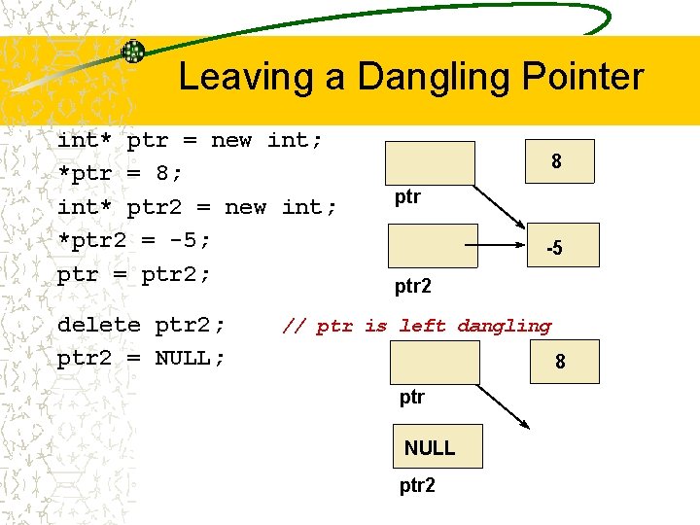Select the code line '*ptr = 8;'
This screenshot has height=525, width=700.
pos(121,173)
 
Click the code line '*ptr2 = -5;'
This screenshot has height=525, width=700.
pos(134,240)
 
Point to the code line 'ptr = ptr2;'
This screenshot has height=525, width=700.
pos(134,274)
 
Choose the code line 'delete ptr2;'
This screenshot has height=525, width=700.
pos(141,325)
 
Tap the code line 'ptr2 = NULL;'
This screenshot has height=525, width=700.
pos(141,358)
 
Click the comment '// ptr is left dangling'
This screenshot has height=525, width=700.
pos(416,327)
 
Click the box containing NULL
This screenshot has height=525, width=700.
pos(429,447)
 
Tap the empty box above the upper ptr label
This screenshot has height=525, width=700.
pos(430,162)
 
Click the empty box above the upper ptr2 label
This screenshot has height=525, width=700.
pos(433,245)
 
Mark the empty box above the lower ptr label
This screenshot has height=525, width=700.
pos(435,362)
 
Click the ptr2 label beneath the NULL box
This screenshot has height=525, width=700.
pos(417,485)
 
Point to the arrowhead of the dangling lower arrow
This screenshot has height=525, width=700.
pos(525,425)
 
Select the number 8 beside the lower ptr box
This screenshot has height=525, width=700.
pos(560,363)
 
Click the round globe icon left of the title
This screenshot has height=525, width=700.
pos(133,52)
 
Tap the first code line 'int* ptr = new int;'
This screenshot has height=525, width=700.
pos(190,140)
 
